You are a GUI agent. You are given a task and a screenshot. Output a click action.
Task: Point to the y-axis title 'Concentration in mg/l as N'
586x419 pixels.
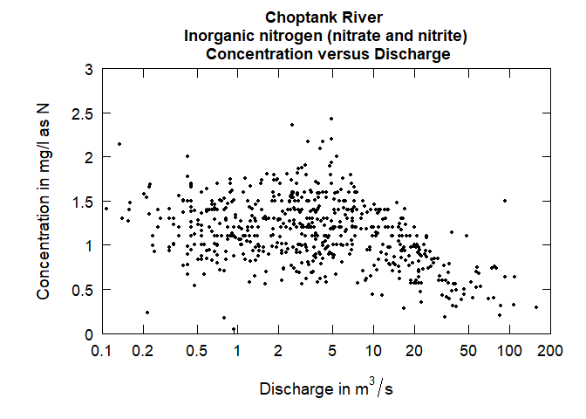coord(44,200)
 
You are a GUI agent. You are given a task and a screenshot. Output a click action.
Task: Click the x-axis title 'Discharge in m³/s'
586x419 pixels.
coord(325,389)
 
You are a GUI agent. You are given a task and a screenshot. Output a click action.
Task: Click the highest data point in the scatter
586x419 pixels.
coord(331,119)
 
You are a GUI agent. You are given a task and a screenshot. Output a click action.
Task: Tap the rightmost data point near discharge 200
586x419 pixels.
coord(535,307)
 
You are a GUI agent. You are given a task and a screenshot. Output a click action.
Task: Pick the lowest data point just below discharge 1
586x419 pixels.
coord(234,328)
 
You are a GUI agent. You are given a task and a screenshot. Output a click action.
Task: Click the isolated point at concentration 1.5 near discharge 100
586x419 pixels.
coord(504,201)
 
